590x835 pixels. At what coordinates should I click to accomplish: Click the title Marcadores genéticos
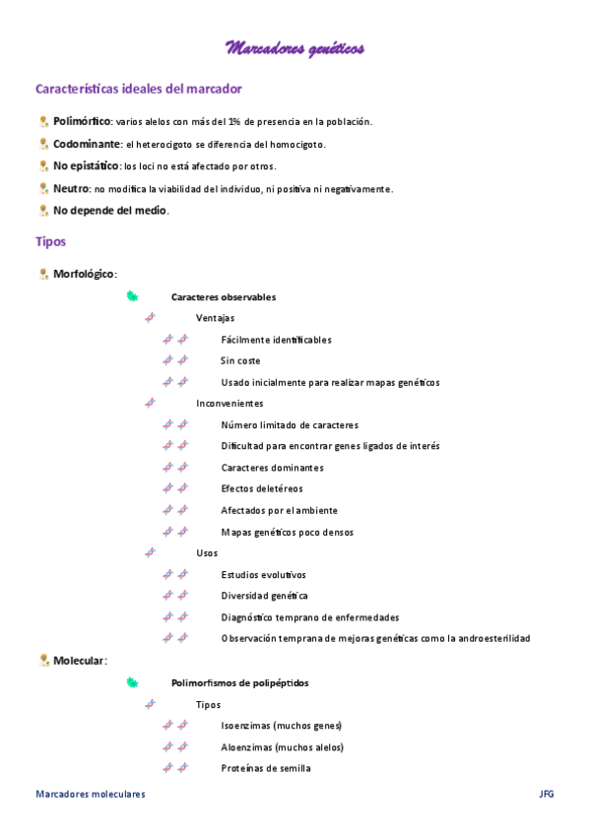[x=295, y=47]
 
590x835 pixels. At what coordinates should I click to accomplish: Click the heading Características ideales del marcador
[x=139, y=89]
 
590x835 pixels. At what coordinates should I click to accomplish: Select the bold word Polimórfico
[x=82, y=121]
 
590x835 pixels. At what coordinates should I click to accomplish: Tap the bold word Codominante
[x=88, y=144]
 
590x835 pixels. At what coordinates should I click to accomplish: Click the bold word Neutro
[x=72, y=188]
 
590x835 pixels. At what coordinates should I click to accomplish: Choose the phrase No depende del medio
[x=110, y=210]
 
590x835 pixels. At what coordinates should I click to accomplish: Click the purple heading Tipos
[x=51, y=241]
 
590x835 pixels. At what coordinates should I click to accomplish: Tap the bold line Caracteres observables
[x=224, y=296]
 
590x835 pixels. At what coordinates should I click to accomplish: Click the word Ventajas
[x=216, y=318]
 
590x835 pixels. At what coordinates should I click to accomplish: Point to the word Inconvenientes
[x=229, y=404]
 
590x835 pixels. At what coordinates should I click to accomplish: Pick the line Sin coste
[x=240, y=360]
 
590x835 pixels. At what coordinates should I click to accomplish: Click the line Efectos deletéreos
[x=262, y=488]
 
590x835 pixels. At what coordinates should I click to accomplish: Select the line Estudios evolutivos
[x=264, y=574]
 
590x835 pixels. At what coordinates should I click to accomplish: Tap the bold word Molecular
[x=79, y=660]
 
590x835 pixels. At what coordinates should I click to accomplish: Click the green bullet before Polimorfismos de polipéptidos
[x=132, y=681]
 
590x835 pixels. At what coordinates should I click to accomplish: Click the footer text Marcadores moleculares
[x=90, y=794]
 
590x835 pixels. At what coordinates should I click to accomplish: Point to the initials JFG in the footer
[x=547, y=794]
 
